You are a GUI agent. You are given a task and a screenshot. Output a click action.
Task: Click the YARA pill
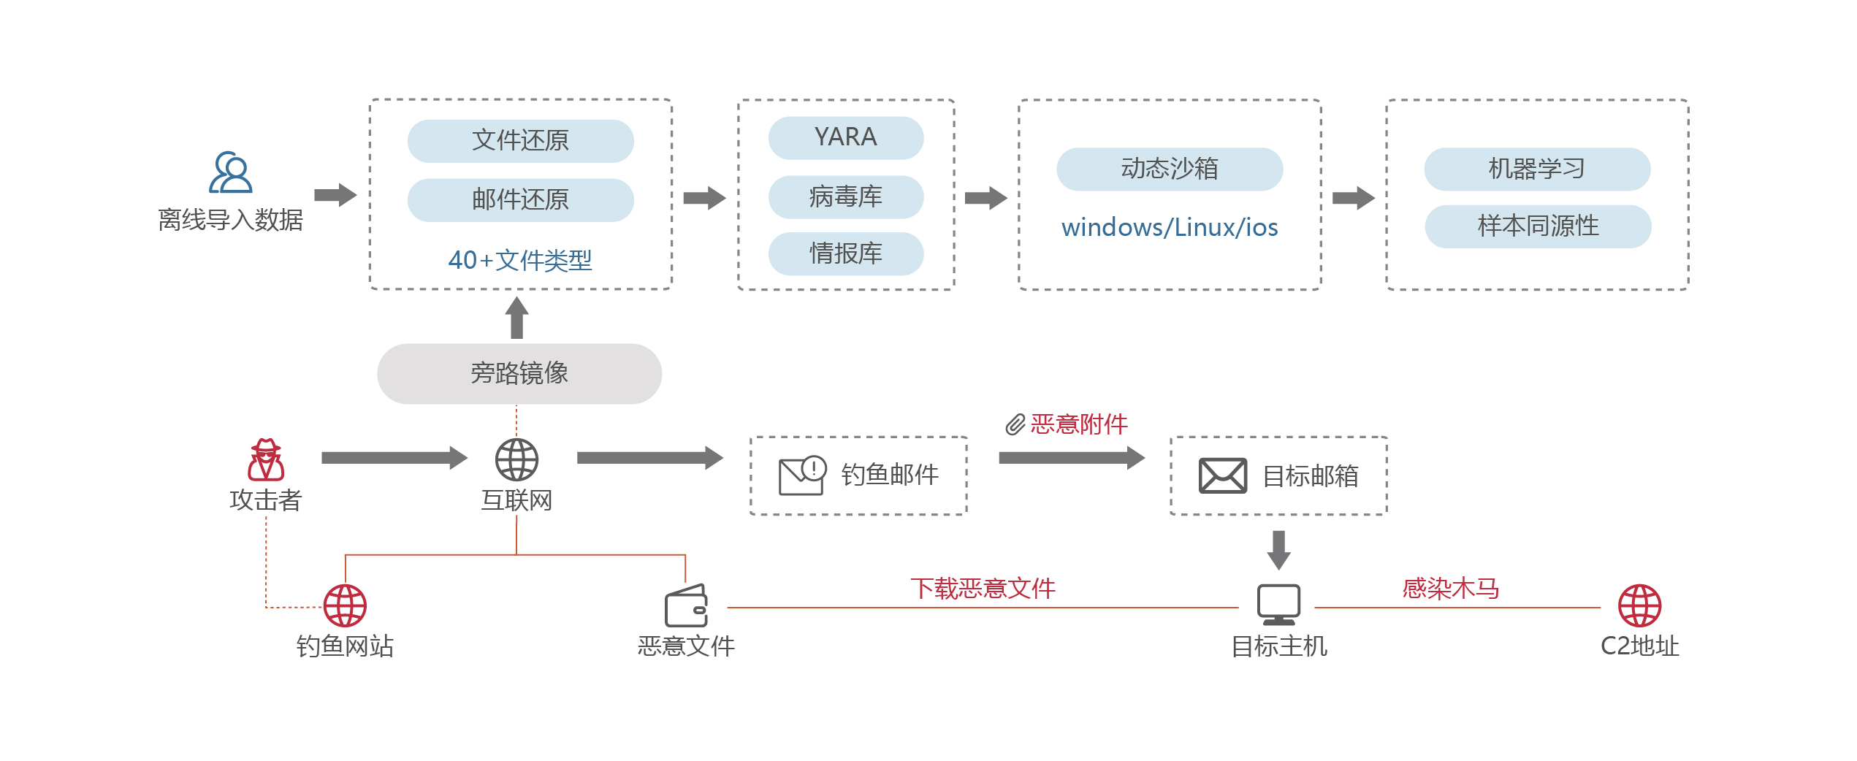click(845, 137)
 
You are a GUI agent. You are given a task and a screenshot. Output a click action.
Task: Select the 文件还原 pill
click(520, 140)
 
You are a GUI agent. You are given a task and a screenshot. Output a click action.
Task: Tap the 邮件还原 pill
click(520, 199)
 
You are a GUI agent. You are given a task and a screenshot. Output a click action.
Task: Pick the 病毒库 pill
click(845, 196)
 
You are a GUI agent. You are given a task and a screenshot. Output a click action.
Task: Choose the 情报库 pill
click(845, 253)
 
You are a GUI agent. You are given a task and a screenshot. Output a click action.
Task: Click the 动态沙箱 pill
click(1169, 169)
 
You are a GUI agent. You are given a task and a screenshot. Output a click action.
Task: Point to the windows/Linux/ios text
click(1169, 227)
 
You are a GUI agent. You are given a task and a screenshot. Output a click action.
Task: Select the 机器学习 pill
click(1536, 169)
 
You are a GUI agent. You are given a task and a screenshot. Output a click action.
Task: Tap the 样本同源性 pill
click(1537, 226)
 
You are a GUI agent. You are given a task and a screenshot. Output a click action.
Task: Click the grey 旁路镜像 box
click(519, 373)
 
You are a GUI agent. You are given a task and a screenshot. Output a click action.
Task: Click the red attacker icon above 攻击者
click(266, 459)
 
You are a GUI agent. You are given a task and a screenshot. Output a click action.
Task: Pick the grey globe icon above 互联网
click(516, 459)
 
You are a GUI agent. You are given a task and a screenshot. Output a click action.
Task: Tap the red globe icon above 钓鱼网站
click(345, 605)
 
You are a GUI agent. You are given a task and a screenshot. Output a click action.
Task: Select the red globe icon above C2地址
click(1639, 605)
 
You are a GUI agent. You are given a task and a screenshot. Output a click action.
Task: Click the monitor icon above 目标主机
click(1278, 604)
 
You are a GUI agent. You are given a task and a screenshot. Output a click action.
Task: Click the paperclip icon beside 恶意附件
click(1015, 424)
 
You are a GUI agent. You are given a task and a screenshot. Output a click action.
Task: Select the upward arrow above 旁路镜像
click(516, 318)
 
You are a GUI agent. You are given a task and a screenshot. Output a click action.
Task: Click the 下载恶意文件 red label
click(983, 588)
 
